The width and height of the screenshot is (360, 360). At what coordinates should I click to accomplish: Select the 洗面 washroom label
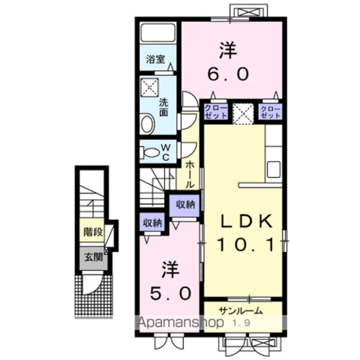coord(163,107)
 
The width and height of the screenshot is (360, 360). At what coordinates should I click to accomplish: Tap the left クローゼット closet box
coord(216,111)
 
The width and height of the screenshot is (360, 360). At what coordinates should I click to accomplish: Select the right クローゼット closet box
coord(271,111)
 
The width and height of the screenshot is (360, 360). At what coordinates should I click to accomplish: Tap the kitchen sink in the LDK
coord(273,168)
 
